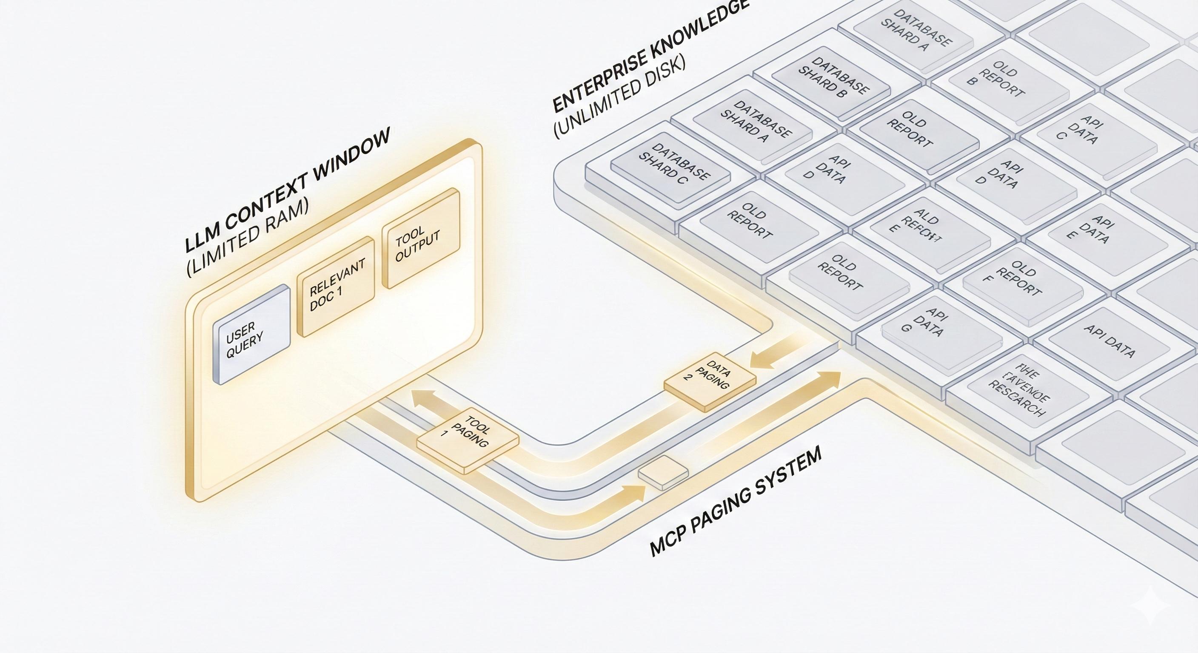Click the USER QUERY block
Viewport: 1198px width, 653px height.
click(251, 335)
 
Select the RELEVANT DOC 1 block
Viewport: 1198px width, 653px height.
click(336, 286)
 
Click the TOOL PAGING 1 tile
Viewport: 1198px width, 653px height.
click(468, 440)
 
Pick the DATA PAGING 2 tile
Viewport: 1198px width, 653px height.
click(710, 380)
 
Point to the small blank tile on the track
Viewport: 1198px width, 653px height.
click(663, 472)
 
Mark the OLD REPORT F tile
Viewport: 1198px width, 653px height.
click(1018, 284)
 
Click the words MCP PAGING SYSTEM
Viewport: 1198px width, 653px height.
click(735, 502)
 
